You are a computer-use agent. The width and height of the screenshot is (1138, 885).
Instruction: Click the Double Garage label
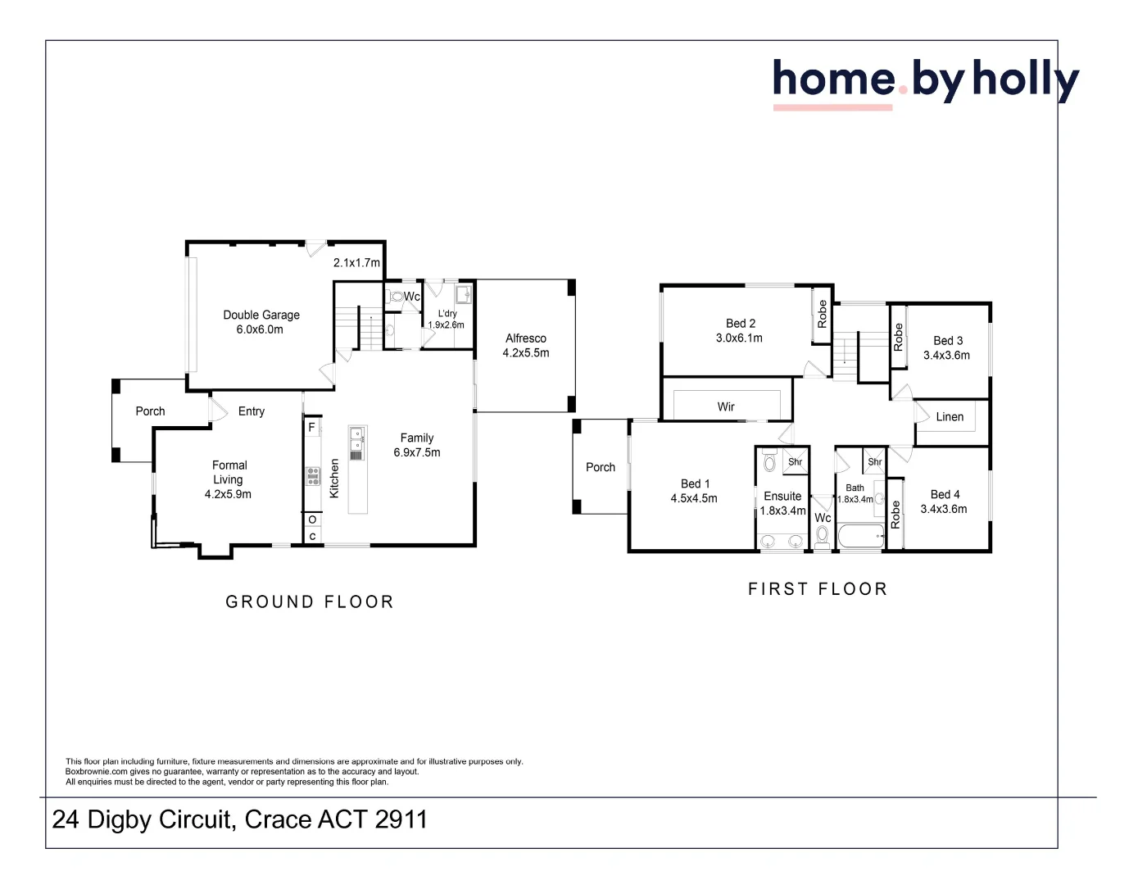(x=261, y=315)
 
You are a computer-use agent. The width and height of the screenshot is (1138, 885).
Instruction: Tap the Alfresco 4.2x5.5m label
(x=526, y=346)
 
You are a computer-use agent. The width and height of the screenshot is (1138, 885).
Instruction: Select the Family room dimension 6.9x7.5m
(x=417, y=452)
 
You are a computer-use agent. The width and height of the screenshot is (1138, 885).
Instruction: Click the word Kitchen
(x=334, y=478)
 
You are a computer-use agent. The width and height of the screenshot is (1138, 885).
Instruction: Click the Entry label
(x=252, y=411)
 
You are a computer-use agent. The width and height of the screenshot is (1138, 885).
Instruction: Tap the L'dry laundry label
(x=447, y=313)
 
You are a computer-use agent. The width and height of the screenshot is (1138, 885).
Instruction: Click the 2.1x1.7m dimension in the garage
(x=356, y=262)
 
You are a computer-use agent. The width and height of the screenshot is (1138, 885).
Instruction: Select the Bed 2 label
(x=741, y=323)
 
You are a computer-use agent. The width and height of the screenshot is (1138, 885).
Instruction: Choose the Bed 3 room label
(x=948, y=340)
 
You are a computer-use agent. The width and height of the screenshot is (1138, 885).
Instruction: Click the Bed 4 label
(x=945, y=494)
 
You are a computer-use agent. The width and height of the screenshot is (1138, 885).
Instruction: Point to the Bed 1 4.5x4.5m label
(x=695, y=491)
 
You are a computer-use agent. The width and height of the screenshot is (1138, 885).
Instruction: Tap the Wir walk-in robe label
(x=726, y=407)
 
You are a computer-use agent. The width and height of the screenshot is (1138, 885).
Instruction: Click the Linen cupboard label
(x=950, y=417)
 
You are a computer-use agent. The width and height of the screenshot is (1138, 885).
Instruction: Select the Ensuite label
(x=782, y=496)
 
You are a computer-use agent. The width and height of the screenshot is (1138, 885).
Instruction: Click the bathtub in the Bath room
(x=861, y=536)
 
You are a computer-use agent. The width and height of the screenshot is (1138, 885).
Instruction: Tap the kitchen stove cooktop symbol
(x=313, y=476)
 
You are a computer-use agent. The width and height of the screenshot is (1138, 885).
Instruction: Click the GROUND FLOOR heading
(x=310, y=602)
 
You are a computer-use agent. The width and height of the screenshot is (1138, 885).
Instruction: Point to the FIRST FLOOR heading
(x=818, y=589)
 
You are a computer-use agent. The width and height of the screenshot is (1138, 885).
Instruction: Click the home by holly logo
(x=926, y=82)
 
